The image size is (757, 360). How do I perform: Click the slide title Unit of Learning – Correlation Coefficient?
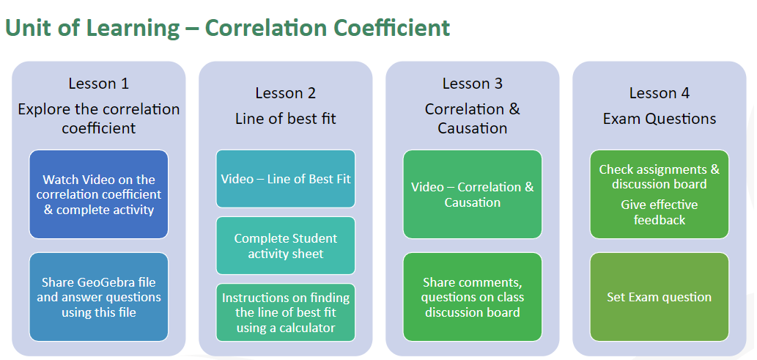pos(227,28)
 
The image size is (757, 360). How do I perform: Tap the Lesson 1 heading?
pos(98,84)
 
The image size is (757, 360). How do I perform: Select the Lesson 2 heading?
pos(285,93)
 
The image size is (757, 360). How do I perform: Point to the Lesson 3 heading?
pos(472,84)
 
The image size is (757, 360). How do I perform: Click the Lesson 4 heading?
pos(659,93)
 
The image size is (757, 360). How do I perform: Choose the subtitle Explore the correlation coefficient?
pos(98,118)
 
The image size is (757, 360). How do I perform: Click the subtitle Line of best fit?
pos(285,118)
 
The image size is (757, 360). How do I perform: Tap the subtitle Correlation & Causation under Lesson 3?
pos(472,118)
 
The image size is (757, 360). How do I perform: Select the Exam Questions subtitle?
pos(659,118)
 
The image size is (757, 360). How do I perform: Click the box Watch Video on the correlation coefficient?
pos(98,194)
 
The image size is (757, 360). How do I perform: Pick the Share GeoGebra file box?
pos(98,297)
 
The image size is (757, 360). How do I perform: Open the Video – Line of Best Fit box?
pos(285,179)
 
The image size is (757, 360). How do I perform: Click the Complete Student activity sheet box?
pos(285,246)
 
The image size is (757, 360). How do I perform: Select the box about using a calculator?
pos(285,312)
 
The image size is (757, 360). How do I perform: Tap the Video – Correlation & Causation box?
pos(472,194)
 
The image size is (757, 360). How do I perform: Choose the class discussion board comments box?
pos(472,297)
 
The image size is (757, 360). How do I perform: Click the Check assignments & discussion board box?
pos(659,194)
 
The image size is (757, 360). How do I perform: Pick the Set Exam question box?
pos(659,297)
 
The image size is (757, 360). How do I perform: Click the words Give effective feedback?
pos(659,212)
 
